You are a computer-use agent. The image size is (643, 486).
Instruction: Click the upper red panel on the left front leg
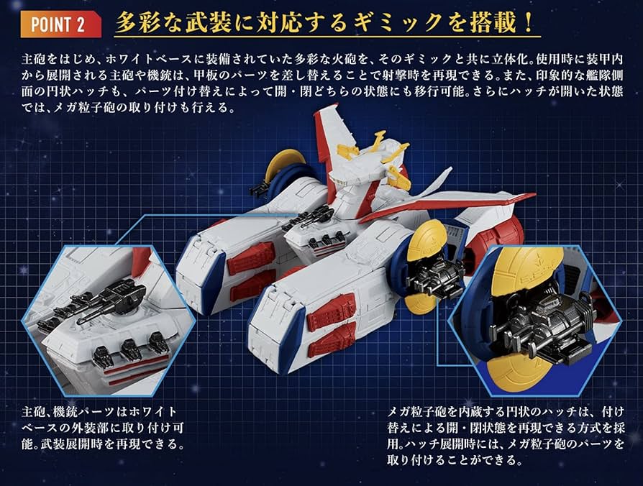pos(251,255)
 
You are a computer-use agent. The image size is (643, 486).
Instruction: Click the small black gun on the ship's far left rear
pos(257,190)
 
